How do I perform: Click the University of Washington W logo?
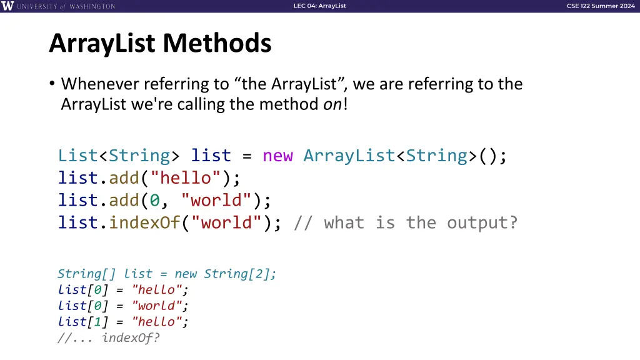7,6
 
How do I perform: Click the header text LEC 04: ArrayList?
319,6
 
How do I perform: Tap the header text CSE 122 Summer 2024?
600,6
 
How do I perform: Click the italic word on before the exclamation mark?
331,104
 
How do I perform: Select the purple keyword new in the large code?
277,155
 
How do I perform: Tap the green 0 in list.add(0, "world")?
154,200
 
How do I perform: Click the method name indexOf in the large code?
144,222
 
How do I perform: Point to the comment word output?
482,222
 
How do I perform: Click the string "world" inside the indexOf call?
231,222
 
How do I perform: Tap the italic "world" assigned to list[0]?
157,306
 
